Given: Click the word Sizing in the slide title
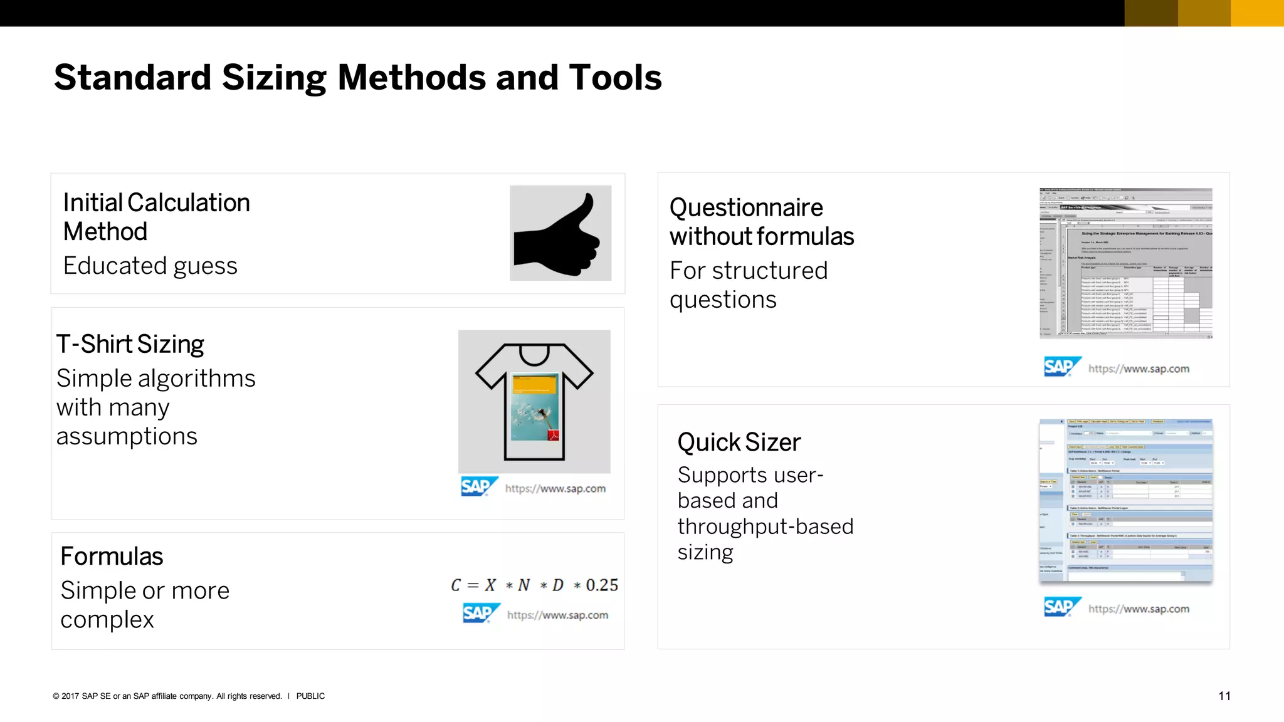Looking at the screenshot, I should pyautogui.click(x=274, y=78).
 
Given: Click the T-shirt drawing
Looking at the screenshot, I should pyautogui.click(x=534, y=401).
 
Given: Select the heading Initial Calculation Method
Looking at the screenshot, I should pyautogui.click(x=156, y=217).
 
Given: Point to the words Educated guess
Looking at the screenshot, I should pyautogui.click(x=150, y=266).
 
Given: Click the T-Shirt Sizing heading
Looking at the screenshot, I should pyautogui.click(x=130, y=344).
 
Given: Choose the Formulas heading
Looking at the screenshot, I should pyautogui.click(x=112, y=556).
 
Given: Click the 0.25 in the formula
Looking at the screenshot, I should pyautogui.click(x=602, y=585).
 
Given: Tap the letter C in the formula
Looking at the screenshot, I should pyautogui.click(x=456, y=585).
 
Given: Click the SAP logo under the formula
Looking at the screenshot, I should pyautogui.click(x=480, y=613).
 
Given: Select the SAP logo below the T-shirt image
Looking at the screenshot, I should pyautogui.click(x=478, y=486).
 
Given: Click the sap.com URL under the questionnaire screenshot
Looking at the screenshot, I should pyautogui.click(x=1139, y=369).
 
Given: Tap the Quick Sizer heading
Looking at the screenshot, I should pyautogui.click(x=739, y=442).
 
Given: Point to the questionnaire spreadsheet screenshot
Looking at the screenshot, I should pyautogui.click(x=1125, y=263).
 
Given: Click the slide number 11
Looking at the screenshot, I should pyautogui.click(x=1224, y=696).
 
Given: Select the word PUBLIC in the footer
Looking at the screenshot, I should pyautogui.click(x=310, y=696).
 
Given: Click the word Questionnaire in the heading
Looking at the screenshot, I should pyautogui.click(x=746, y=207).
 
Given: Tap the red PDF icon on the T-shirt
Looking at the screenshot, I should pyautogui.click(x=553, y=435).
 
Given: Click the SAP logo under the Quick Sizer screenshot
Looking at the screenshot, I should pyautogui.click(x=1061, y=607).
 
